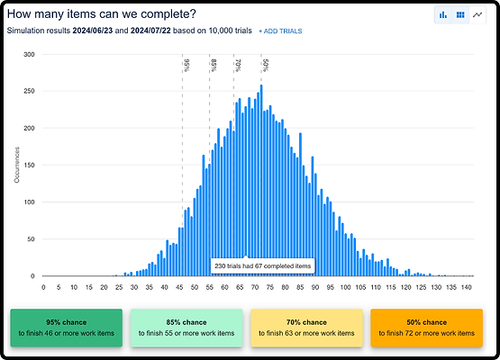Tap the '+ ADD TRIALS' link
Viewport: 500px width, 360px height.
280,31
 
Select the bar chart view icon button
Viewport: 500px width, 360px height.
442,15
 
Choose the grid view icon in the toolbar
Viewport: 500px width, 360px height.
459,15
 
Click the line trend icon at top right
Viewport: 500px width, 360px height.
477,15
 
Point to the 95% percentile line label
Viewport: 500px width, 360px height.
186,65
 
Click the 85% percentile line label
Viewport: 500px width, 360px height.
214,65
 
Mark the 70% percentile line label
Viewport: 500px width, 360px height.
237,65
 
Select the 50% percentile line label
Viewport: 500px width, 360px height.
265,65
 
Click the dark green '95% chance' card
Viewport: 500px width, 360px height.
66,328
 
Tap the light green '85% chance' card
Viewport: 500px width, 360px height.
186,328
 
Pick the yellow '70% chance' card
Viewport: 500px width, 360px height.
306,328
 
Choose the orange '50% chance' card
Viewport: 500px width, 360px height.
427,328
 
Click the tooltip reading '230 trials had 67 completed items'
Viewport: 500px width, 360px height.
261,265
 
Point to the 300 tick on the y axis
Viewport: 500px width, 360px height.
29,54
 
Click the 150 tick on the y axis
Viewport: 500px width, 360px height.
29,165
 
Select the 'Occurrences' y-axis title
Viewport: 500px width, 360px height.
17,165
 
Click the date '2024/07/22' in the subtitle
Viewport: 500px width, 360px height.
162,31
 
